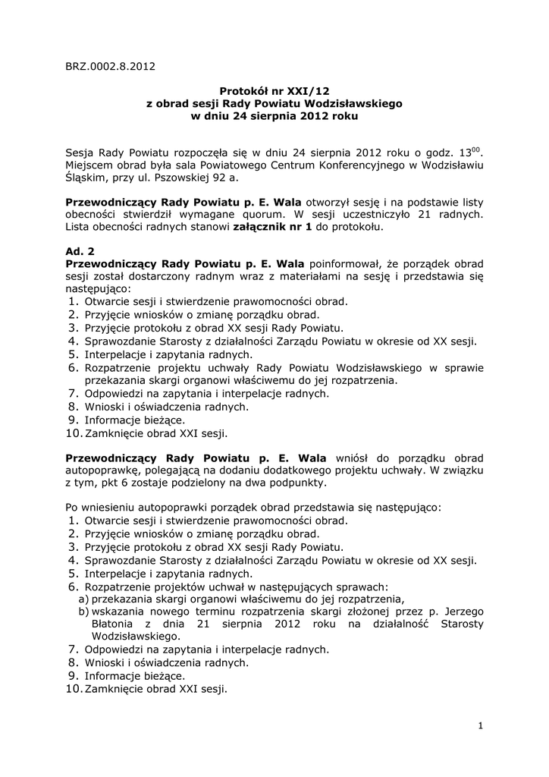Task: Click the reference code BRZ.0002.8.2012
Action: coord(111,66)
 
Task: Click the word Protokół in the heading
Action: coord(244,90)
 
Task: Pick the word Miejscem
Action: coord(88,165)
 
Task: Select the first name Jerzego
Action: coord(462,612)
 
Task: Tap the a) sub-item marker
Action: coord(83,599)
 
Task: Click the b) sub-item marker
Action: coord(83,612)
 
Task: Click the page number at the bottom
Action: coord(481,726)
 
